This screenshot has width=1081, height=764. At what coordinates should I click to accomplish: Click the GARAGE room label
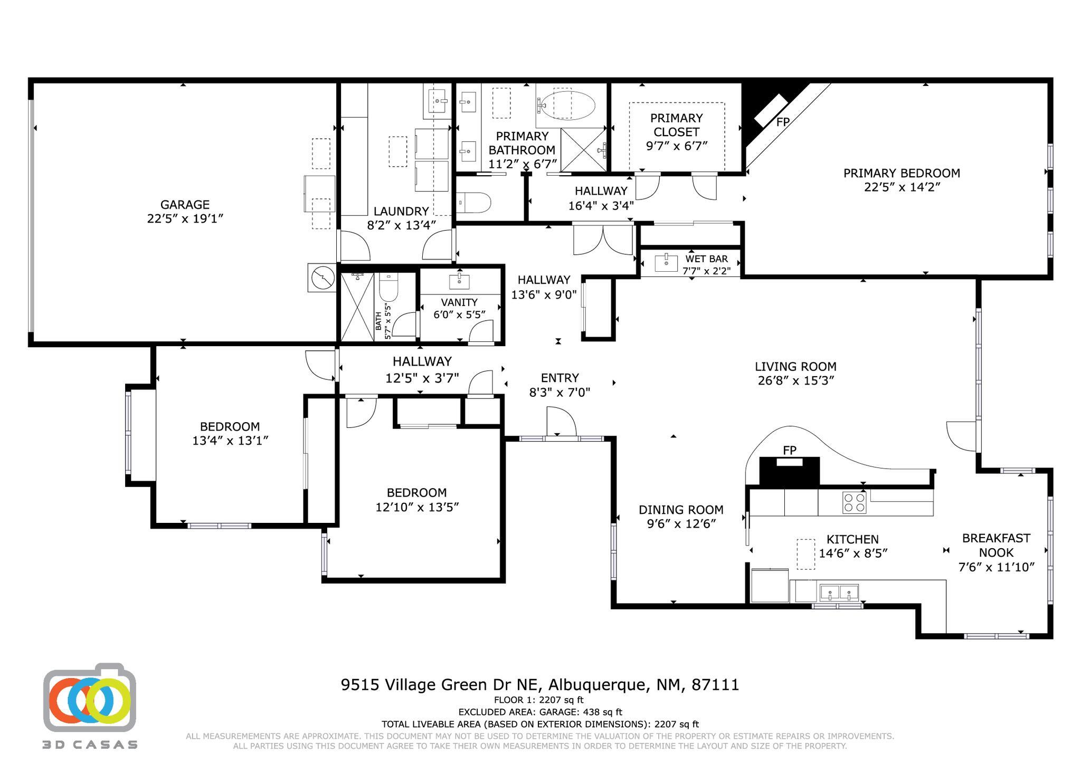point(185,205)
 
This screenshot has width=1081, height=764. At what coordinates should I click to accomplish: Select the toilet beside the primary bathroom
point(473,203)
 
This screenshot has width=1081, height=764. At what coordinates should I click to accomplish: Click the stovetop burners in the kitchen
point(855,502)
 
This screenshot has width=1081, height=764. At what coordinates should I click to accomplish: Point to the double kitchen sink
point(839,593)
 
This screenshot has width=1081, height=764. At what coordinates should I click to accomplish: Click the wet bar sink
point(666,263)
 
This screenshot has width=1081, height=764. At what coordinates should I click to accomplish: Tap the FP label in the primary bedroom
point(783,122)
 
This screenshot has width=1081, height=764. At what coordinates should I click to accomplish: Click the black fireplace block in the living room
point(789,471)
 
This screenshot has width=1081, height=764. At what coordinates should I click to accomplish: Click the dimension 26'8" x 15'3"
point(795,380)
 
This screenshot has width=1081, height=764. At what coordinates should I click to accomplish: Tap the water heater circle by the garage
point(322,278)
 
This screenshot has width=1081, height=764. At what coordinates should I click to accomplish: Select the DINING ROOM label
point(681,510)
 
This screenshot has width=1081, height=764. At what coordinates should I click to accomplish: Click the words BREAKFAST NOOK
point(996,545)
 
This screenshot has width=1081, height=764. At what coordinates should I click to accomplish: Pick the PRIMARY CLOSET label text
point(676,125)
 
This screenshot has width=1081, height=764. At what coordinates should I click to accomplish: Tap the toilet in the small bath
point(388,286)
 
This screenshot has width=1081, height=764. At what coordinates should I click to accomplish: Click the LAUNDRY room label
point(401,212)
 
